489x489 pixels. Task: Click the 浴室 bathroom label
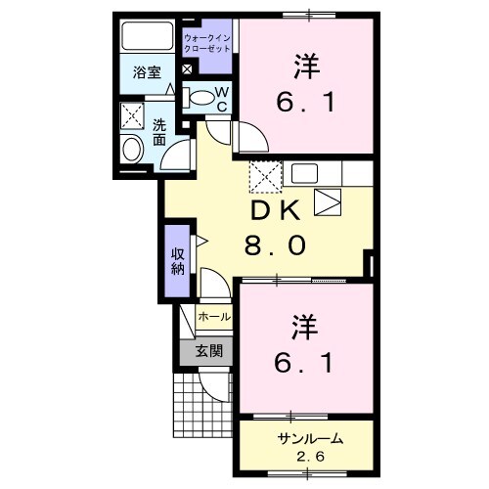(x=147, y=71)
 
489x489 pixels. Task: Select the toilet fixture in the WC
(x=200, y=97)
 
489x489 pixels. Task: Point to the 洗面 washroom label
(x=159, y=133)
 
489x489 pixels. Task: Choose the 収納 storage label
(x=178, y=260)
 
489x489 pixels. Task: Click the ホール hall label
(x=214, y=317)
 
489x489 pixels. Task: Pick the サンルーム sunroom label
(x=303, y=437)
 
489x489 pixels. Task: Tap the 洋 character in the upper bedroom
(x=304, y=67)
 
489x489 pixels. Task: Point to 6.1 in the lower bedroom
(x=304, y=363)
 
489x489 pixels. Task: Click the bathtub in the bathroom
(x=147, y=38)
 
